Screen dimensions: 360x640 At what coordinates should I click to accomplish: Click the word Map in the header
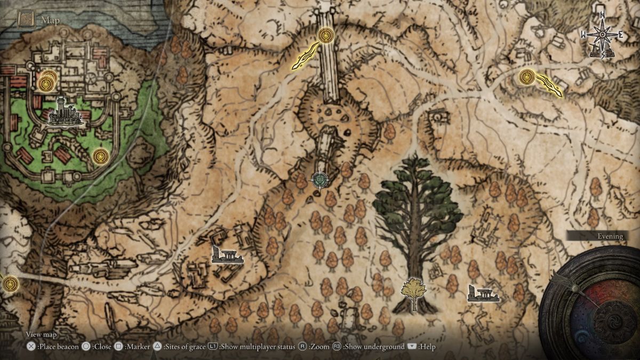tap(50, 21)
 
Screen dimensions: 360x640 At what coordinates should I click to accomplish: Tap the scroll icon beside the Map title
tap(26, 20)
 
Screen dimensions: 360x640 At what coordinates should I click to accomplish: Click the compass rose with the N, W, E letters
tap(602, 35)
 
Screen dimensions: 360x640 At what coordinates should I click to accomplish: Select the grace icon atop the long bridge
tap(324, 36)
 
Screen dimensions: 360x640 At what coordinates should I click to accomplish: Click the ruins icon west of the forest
tap(227, 255)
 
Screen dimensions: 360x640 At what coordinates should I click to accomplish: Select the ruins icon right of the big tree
tap(483, 293)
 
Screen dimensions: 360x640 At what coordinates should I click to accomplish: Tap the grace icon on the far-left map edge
tap(9, 283)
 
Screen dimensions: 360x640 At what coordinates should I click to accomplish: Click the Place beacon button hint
tap(53, 347)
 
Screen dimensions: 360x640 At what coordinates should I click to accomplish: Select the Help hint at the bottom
tap(422, 347)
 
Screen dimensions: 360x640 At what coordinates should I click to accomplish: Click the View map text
tap(42, 334)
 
